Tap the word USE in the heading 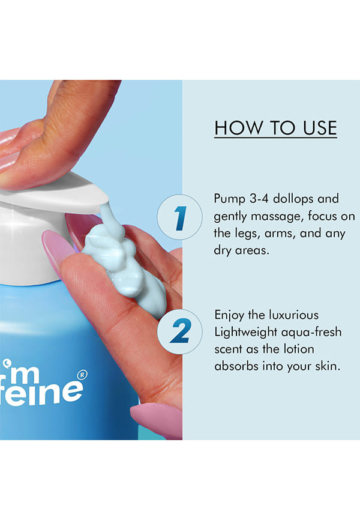click(x=320, y=128)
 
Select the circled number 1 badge click(x=179, y=217)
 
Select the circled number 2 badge click(x=180, y=331)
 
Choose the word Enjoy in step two click(x=229, y=315)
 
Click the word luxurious click(x=294, y=315)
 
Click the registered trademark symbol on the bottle click(x=82, y=375)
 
